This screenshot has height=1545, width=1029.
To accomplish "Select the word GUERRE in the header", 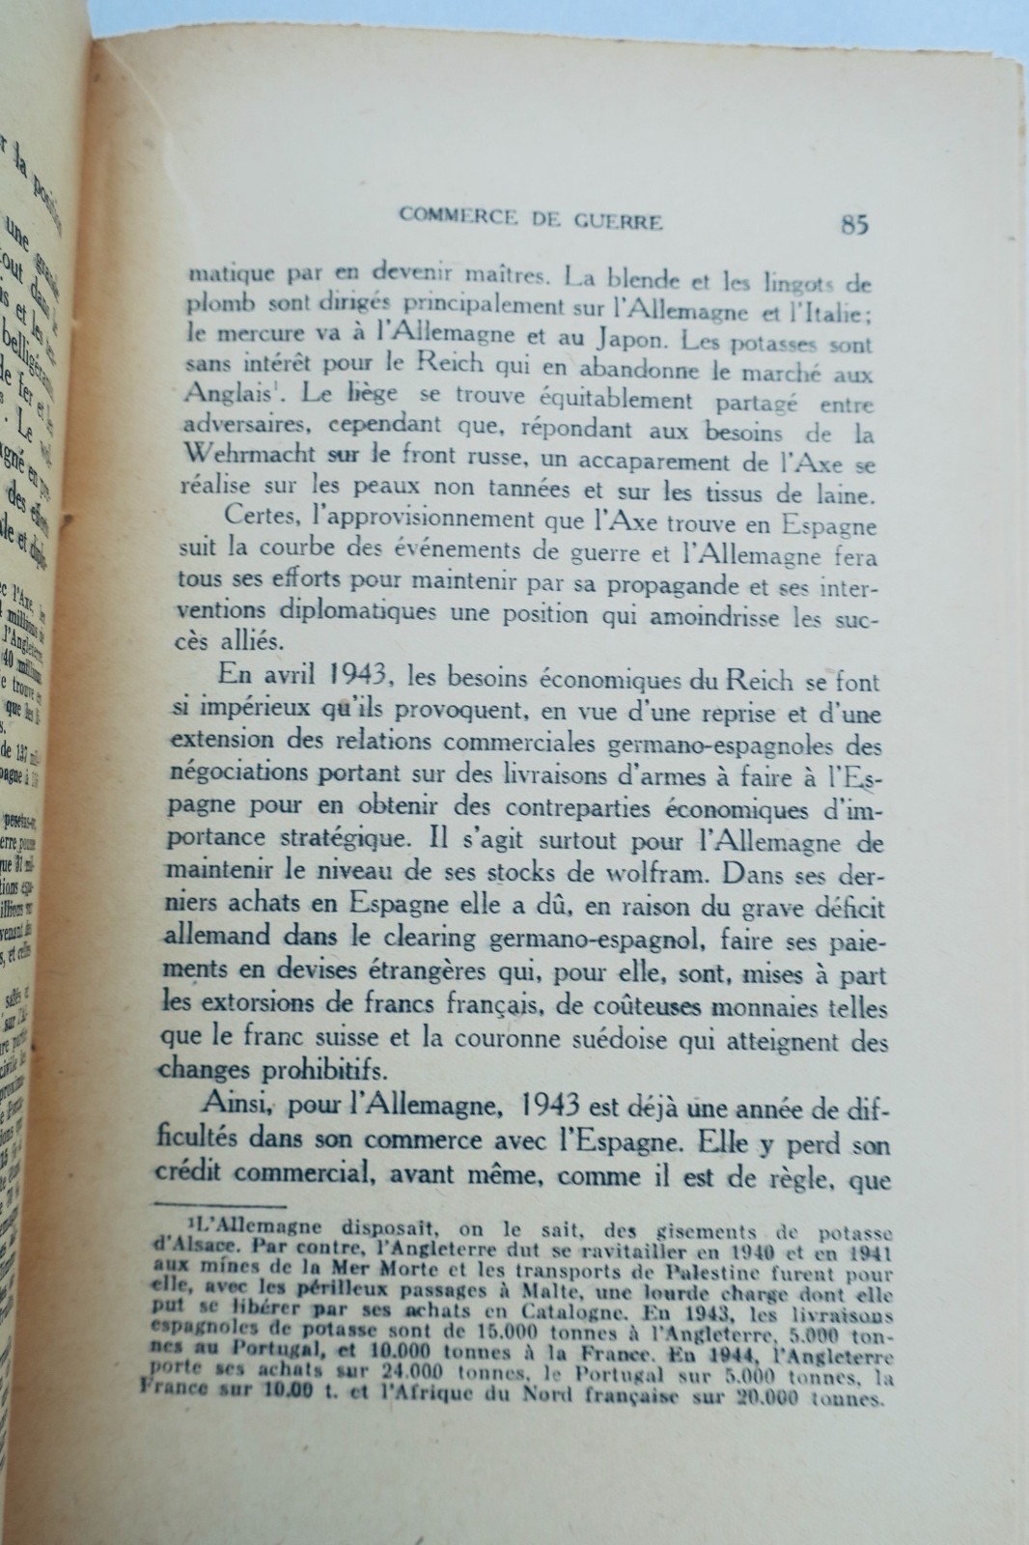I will (x=615, y=222).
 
